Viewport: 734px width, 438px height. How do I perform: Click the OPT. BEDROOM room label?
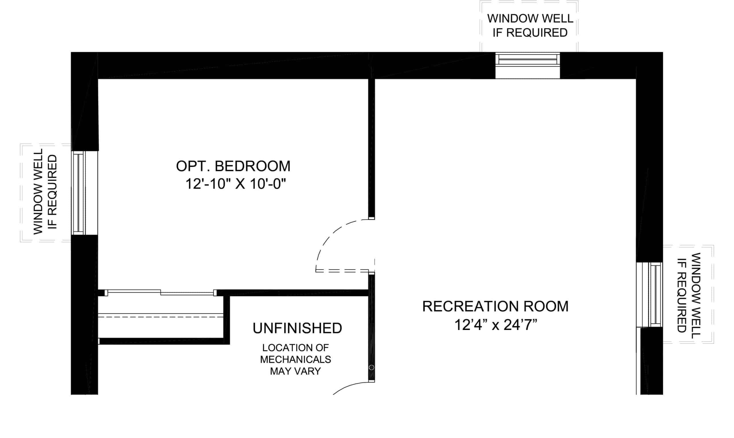click(233, 166)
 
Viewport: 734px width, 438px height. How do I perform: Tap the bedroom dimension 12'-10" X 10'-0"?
click(236, 184)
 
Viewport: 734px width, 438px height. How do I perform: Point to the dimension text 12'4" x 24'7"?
click(495, 325)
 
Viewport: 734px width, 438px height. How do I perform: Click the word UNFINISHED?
click(297, 328)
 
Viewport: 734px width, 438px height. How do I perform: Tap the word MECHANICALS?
click(295, 360)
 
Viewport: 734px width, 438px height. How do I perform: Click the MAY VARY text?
click(295, 371)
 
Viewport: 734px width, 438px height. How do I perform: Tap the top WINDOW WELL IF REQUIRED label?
click(530, 25)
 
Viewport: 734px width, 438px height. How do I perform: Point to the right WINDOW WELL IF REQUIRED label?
click(689, 293)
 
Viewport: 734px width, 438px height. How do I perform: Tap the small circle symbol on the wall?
click(372, 368)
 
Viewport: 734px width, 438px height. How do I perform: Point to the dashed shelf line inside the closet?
click(161, 317)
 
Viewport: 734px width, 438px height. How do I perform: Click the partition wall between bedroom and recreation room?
click(372, 149)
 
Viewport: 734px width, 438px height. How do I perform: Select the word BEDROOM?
click(253, 166)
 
